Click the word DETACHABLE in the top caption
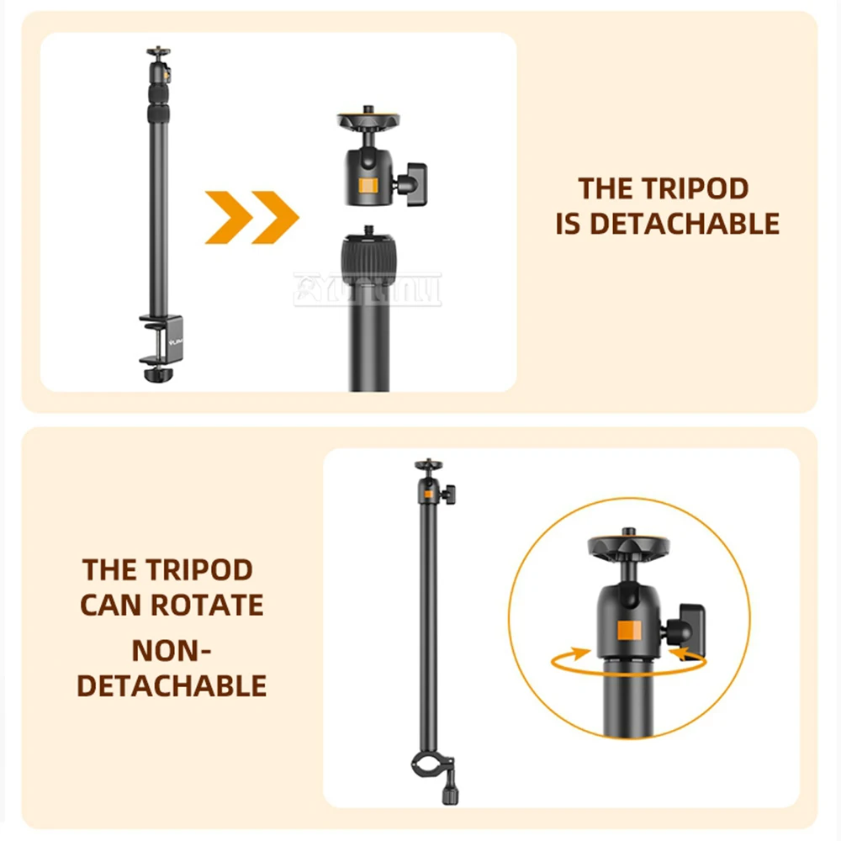coord(684,224)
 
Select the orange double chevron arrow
coord(252,217)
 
